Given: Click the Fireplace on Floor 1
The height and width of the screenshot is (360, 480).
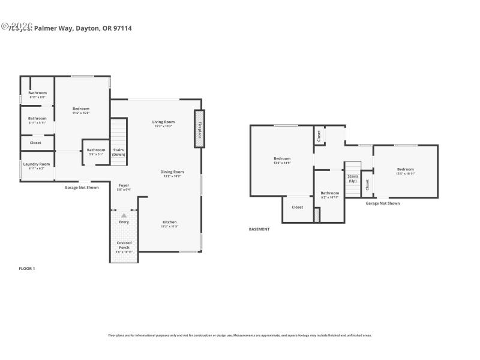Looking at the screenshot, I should pyautogui.click(x=198, y=128).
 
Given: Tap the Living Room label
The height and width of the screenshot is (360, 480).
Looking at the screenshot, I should pyautogui.click(x=164, y=122).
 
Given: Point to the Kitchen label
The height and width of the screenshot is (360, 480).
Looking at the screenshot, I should pyautogui.click(x=169, y=222).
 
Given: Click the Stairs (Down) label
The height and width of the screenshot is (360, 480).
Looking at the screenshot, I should pyautogui.click(x=119, y=152).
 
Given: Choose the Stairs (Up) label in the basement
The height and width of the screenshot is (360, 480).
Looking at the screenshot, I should pyautogui.click(x=353, y=178).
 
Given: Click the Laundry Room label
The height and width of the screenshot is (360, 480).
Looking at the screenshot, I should pyautogui.click(x=37, y=164).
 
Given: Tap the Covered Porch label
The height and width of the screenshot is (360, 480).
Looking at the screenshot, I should pyautogui.click(x=124, y=245).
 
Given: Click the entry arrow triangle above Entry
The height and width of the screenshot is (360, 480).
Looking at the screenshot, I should pyautogui.click(x=124, y=215).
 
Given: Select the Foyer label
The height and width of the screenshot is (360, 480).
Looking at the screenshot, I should pyautogui.click(x=124, y=185).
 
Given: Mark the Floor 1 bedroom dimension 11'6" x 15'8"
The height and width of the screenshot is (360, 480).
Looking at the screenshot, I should pyautogui.click(x=81, y=113).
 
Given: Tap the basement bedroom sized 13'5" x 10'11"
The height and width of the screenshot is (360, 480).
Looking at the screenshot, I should pyautogui.click(x=406, y=173).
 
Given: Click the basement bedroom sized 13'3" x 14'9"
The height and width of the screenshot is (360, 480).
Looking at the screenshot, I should pyautogui.click(x=282, y=163).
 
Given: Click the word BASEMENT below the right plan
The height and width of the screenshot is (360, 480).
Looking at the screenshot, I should pyautogui.click(x=259, y=229).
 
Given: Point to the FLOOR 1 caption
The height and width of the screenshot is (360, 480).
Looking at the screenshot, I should pyautogui.click(x=27, y=268).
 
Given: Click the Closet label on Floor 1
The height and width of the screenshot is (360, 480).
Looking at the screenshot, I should pyautogui.click(x=35, y=143).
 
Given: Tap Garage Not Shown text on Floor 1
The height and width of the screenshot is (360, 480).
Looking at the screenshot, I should pyautogui.click(x=82, y=188).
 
